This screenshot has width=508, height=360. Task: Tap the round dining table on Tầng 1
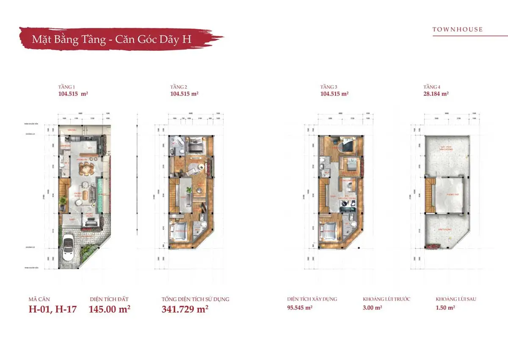click(x=86, y=170)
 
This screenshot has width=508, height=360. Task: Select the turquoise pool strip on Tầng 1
click(x=100, y=194)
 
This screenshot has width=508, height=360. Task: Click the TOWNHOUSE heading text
click(x=457, y=29)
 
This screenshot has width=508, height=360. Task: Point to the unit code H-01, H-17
click(x=52, y=309)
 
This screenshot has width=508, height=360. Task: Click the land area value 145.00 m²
click(x=109, y=309)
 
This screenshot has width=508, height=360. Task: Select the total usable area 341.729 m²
click(x=185, y=309)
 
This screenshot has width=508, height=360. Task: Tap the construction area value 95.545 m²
click(x=300, y=308)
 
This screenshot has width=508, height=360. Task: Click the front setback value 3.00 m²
click(x=373, y=308)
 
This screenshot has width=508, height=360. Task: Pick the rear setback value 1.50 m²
click(x=445, y=308)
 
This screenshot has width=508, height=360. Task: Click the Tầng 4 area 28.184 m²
click(x=436, y=94)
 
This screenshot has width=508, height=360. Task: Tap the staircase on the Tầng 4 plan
click(x=430, y=195)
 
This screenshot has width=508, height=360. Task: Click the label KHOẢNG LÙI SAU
click(x=456, y=299)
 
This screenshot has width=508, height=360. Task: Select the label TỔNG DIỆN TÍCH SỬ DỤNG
click(x=195, y=299)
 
